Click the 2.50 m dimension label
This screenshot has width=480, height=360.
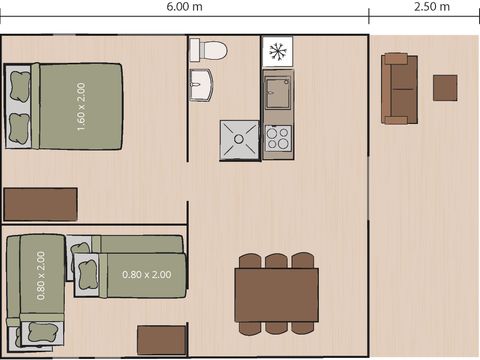coord(430,7)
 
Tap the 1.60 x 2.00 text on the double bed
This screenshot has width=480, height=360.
coord(81,105)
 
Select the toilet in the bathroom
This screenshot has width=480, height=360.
coord(211,50)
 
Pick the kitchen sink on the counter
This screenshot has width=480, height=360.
coord(277,93)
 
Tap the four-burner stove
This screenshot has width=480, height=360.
coord(277,137)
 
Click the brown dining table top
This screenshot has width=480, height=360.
coord(277,294)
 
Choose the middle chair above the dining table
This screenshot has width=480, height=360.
coord(277,262)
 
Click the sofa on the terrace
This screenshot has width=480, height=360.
coord(398,88)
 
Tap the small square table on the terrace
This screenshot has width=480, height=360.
coord(445,88)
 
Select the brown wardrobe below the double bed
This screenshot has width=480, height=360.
coord(40,204)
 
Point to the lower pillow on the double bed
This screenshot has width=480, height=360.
coord(18,127)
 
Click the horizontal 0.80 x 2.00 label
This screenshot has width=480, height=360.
coord(146,274)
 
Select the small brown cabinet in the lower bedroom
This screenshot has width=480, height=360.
coord(161,340)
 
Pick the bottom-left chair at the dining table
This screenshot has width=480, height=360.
coord(249,327)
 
